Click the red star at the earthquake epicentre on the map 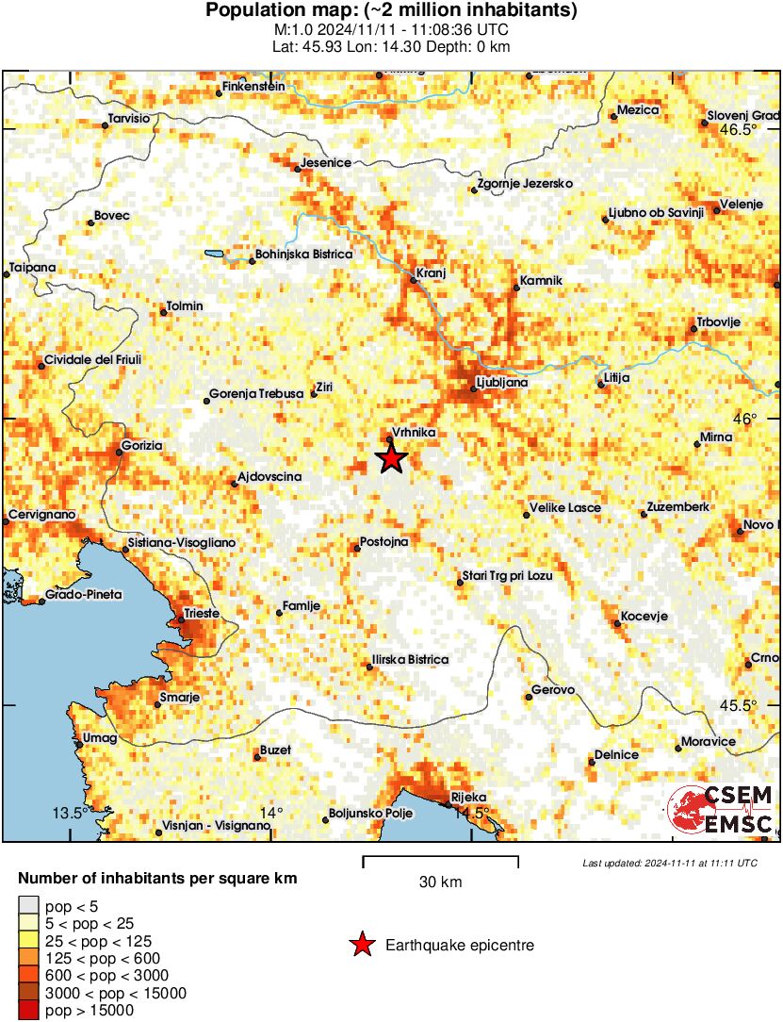(x=392, y=459)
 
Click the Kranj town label (x=430, y=272)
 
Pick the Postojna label (x=383, y=544)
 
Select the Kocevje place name (x=644, y=617)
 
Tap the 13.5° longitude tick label (x=70, y=813)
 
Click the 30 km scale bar (x=441, y=858)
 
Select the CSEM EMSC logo (x=721, y=810)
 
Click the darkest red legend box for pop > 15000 (x=30, y=1011)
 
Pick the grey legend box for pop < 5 (x=30, y=907)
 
